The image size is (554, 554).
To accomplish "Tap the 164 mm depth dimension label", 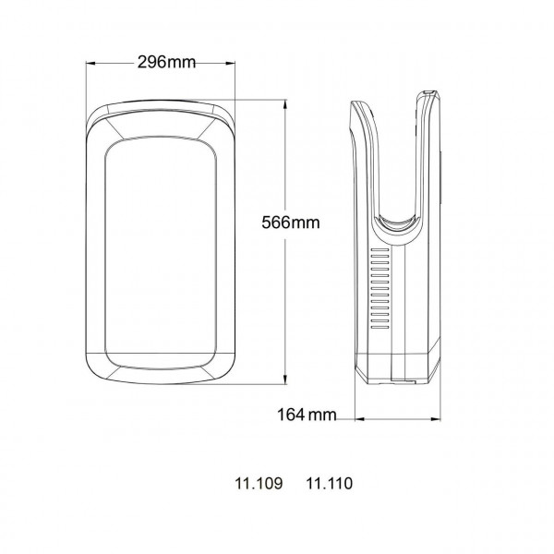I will coord(307,415).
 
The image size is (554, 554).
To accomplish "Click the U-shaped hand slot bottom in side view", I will coord(398,222).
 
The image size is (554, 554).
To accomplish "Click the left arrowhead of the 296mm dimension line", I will coord(90,63).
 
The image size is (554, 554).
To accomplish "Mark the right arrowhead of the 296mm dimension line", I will coord(230,63).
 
